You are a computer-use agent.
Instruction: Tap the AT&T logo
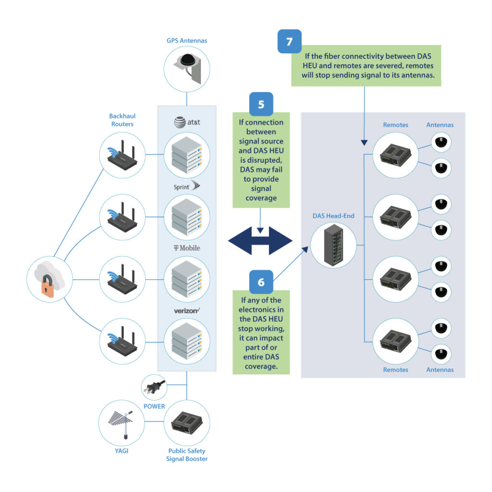click(x=187, y=123)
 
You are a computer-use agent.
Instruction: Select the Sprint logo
click(x=187, y=185)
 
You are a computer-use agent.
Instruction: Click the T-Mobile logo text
click(x=187, y=248)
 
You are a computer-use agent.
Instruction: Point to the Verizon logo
click(x=187, y=311)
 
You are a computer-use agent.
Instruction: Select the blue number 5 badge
click(x=261, y=104)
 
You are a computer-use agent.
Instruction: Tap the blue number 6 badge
click(x=261, y=282)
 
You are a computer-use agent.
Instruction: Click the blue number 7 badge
click(x=289, y=41)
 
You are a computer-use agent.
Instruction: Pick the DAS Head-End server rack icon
click(x=333, y=245)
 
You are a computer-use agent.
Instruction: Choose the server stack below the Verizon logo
click(x=187, y=342)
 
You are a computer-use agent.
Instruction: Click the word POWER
click(x=154, y=406)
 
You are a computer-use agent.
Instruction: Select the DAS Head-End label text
click(x=333, y=216)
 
